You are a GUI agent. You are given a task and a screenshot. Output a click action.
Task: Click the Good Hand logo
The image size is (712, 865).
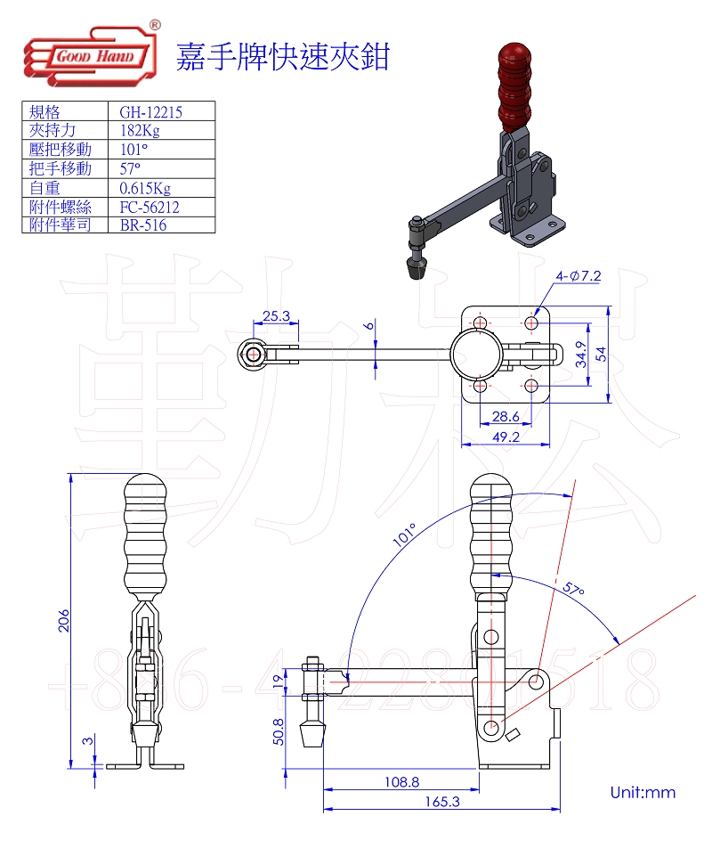click(x=90, y=57)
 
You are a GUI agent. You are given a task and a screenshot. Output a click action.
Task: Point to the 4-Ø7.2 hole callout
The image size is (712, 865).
click(x=579, y=276)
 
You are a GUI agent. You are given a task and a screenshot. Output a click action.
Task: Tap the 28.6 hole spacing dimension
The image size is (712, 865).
click(x=505, y=416)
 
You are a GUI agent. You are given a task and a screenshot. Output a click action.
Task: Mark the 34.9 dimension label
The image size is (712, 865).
click(x=578, y=354)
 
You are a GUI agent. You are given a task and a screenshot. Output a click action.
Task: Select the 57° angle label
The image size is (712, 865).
click(x=574, y=590)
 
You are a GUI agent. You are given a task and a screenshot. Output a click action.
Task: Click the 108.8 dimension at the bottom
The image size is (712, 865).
click(x=401, y=782)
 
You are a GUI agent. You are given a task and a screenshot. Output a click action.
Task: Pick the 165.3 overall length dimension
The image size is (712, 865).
click(x=442, y=802)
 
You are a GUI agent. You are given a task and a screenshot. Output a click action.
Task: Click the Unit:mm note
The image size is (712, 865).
click(x=643, y=792)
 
